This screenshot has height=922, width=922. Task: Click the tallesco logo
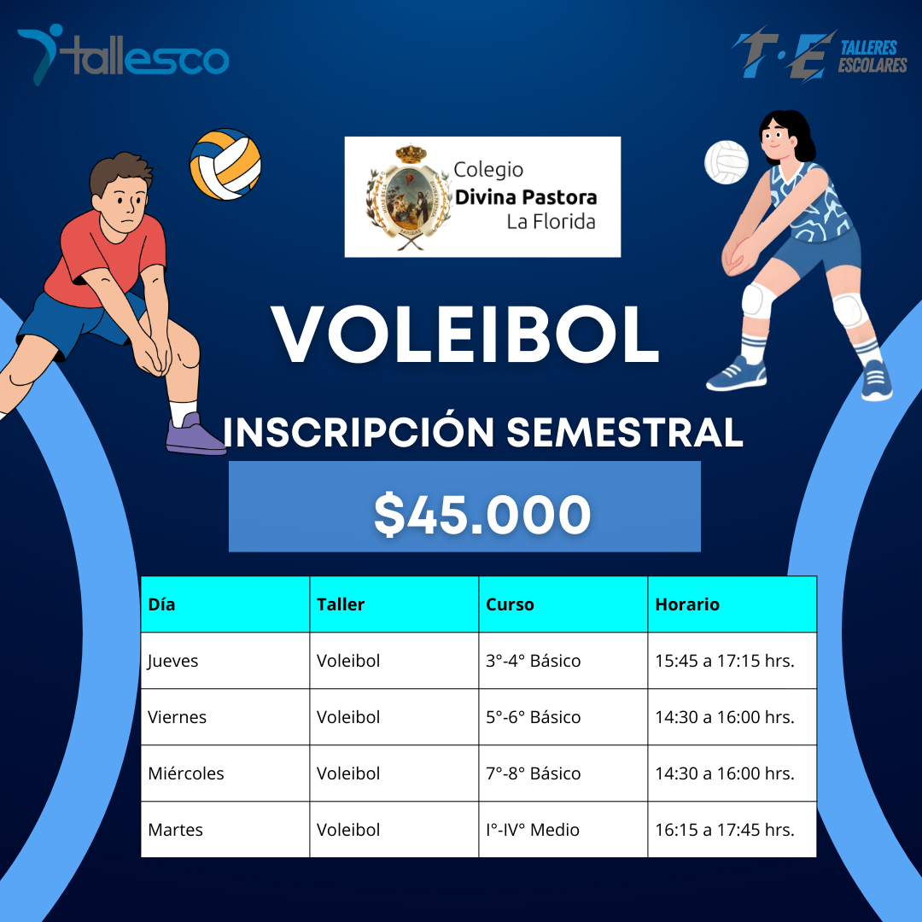point(123,55)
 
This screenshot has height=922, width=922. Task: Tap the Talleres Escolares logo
point(819,55)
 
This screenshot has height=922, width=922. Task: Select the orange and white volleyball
point(225,164)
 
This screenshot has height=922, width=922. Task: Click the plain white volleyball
point(727,161)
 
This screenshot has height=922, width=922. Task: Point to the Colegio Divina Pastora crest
point(409,197)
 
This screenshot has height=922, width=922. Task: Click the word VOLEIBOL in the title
point(465,335)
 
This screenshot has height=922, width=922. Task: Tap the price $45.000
point(482,515)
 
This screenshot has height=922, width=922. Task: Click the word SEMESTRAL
point(624,433)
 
